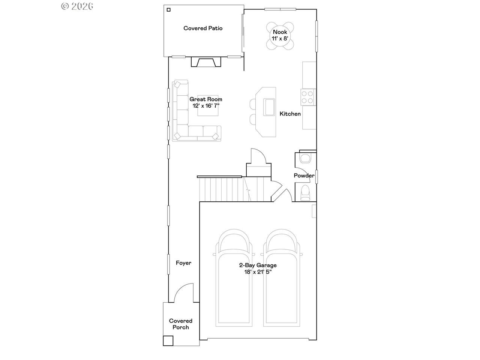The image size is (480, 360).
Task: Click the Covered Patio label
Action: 203,28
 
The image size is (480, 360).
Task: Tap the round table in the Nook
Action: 280,36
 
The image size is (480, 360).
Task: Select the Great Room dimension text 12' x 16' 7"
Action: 206,106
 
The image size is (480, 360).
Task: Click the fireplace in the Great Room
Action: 206,62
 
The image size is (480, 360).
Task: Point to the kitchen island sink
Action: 269,107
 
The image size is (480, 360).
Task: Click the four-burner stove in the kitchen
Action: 307,97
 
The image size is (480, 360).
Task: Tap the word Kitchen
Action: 290,114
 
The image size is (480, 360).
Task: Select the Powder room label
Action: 304,175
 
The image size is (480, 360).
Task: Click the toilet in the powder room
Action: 305,193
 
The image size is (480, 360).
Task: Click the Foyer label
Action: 183,263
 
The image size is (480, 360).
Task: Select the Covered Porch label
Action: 181,324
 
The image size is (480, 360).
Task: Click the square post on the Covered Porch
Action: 168,341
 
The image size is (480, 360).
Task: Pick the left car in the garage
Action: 234,277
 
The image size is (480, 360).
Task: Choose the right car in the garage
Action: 282,277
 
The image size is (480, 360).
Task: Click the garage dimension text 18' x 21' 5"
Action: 258,272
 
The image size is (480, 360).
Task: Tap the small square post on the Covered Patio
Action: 169,10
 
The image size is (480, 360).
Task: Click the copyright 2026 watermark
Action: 77,6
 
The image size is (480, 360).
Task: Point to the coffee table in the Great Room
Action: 208,106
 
